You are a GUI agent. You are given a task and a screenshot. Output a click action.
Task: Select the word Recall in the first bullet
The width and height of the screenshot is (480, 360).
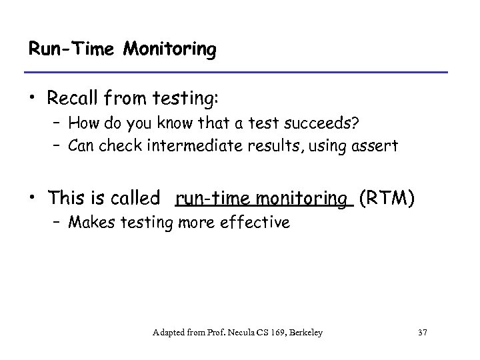74,99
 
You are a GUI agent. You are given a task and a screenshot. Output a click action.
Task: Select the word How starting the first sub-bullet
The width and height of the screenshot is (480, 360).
83,123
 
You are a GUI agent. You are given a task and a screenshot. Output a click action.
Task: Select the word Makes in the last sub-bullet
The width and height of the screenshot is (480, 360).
87,223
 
